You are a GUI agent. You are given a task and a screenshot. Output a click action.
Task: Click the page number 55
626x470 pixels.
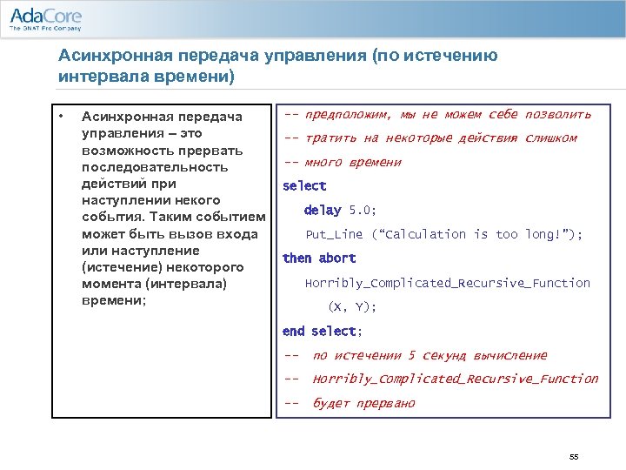point(573,456)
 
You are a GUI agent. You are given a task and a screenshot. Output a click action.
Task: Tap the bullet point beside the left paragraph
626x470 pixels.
point(61,115)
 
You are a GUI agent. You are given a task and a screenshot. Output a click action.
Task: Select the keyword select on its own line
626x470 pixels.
point(304,185)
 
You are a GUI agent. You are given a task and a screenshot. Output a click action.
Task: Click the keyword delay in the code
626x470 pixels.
point(323,210)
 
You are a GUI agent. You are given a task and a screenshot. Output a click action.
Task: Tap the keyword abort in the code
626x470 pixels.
point(337,258)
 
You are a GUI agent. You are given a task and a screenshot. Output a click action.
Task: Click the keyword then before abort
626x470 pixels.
point(296,258)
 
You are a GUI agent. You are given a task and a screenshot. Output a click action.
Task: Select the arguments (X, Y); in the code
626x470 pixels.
point(352,306)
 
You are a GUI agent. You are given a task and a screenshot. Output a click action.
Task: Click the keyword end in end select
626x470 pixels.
point(294,331)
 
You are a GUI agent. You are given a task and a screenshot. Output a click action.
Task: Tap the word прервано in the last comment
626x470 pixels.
point(387,403)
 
